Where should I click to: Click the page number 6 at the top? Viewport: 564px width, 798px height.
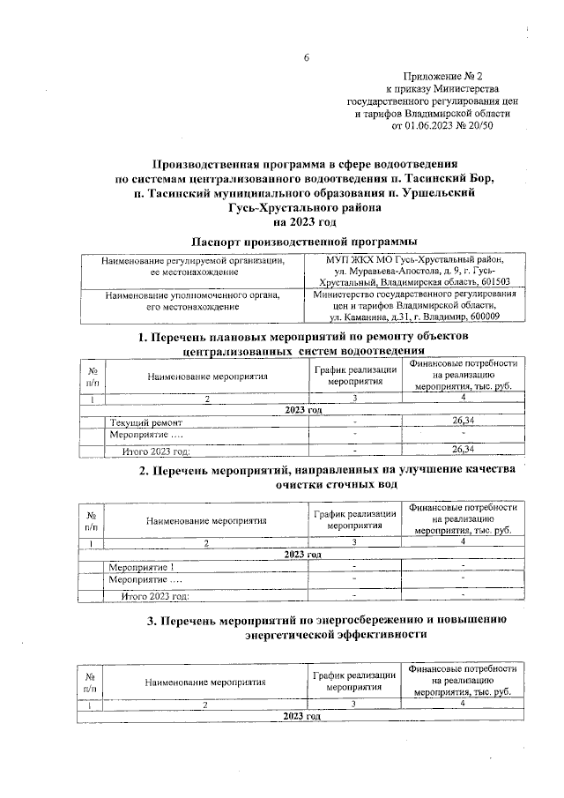(x=307, y=57)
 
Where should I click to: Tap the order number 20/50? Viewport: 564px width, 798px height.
(x=481, y=126)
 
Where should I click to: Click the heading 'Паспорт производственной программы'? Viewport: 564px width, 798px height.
(x=304, y=241)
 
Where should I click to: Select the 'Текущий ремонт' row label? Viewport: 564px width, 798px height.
(x=139, y=422)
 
